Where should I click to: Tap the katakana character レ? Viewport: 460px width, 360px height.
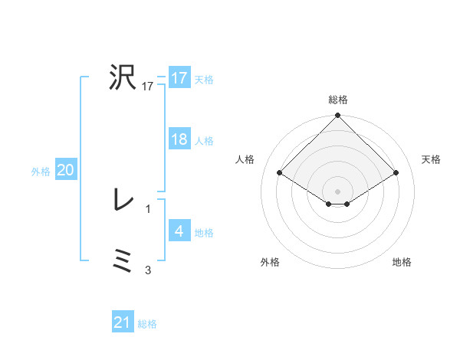[x=123, y=201]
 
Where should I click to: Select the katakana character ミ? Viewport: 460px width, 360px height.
[x=123, y=261]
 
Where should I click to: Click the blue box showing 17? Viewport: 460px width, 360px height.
[x=179, y=78]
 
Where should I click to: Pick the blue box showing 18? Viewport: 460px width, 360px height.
[x=179, y=140]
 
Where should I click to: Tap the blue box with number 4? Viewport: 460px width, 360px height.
[x=179, y=232]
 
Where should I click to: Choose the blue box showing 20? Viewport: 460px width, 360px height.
[x=65, y=171]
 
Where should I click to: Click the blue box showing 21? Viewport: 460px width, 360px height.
[x=123, y=323]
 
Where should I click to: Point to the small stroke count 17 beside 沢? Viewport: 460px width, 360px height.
[x=148, y=87]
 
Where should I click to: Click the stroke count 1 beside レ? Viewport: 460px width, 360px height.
[x=148, y=208]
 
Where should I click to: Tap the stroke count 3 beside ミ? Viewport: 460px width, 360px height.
[x=148, y=270]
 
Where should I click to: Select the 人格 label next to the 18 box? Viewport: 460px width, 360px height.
[x=204, y=141]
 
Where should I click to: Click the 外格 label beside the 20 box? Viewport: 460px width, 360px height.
[x=41, y=172]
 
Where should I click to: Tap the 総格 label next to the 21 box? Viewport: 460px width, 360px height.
[x=147, y=324]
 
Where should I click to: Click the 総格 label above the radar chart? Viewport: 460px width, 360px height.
[x=338, y=100]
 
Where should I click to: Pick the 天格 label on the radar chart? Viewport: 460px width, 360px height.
[x=431, y=159]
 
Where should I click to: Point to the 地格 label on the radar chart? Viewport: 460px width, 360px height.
[x=402, y=262]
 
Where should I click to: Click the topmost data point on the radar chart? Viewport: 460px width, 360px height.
[x=338, y=116]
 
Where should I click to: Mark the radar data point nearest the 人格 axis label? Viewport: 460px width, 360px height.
[x=281, y=173]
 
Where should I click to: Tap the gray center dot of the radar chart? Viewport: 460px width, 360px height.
[x=338, y=191]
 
